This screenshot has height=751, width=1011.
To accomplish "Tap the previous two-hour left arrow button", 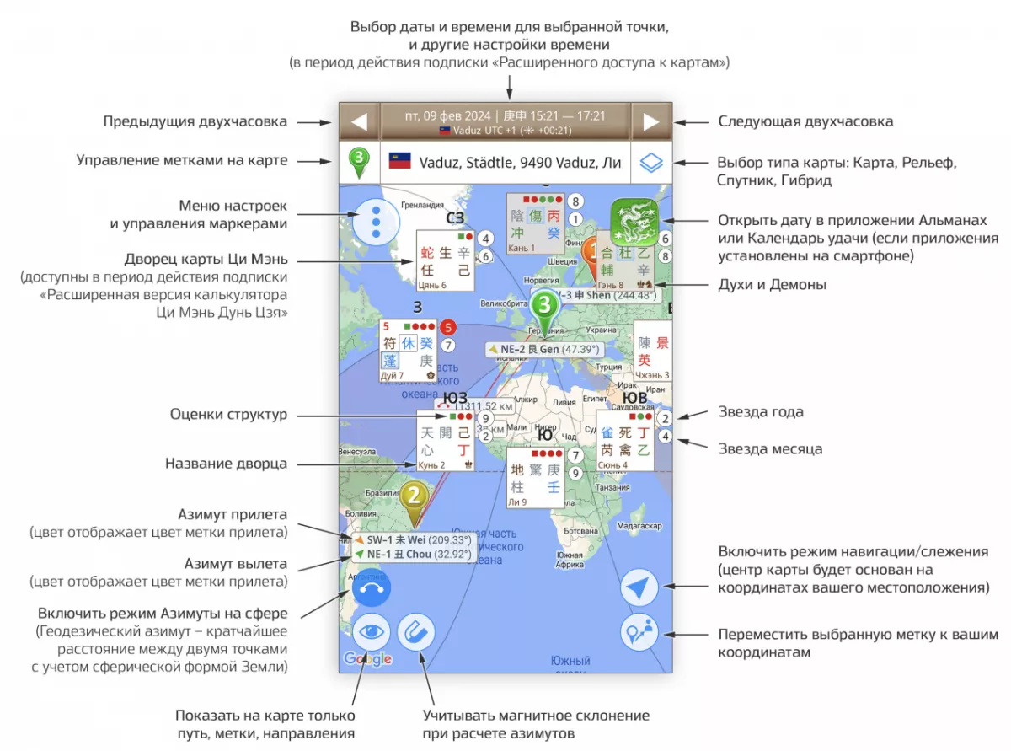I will tap(360, 121).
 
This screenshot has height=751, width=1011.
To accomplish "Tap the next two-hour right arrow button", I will tap(650, 121).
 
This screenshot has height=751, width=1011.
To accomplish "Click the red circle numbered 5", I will tap(448, 327).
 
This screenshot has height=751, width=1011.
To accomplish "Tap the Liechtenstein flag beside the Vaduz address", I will tap(399, 161).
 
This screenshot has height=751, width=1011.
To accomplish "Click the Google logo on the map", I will tap(368, 658).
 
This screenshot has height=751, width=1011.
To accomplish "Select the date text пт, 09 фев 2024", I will tap(447, 115).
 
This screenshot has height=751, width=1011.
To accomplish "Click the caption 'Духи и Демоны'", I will tap(772, 285).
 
